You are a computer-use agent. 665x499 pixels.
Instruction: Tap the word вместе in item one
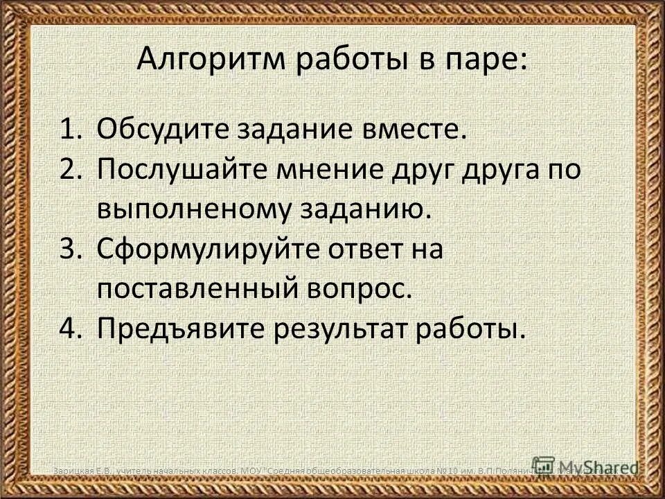396,129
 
